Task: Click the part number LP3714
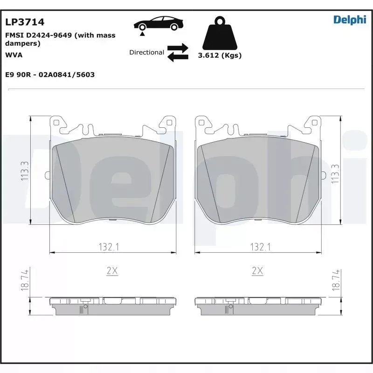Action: point(25,22)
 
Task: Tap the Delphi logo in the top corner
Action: point(350,20)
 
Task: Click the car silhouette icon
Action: point(159,23)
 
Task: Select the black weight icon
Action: point(220,33)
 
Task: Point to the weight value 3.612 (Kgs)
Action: point(220,55)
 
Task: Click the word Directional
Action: point(146,52)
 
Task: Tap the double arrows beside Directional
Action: point(178,53)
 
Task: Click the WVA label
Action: point(14,55)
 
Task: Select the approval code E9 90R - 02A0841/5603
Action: point(50,75)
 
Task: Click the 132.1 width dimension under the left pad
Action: point(109,247)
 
